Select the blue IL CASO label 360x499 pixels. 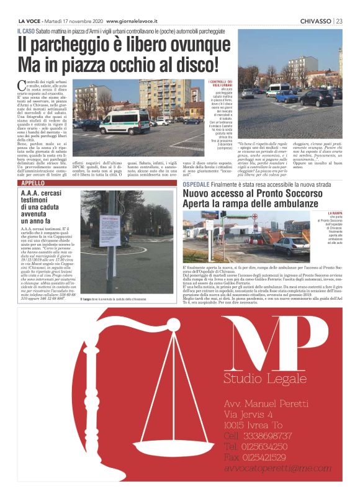(x=28, y=30)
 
